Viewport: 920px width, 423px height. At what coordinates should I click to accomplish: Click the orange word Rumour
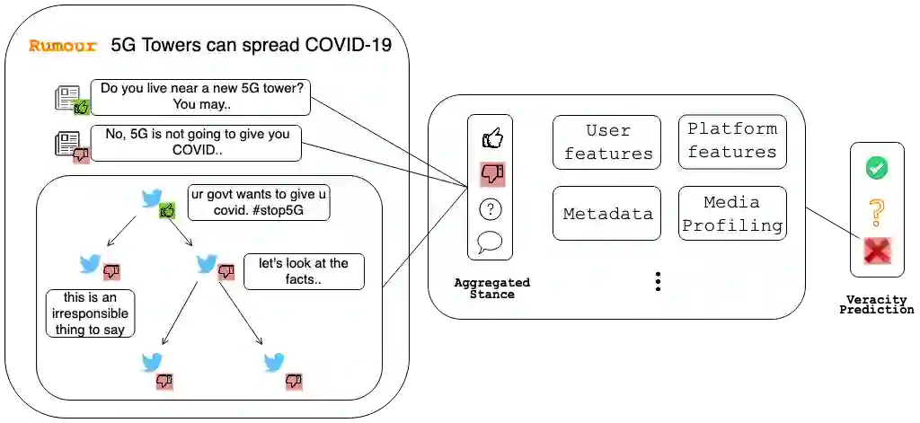[x=63, y=46]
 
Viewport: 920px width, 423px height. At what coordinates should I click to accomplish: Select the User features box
[x=606, y=142]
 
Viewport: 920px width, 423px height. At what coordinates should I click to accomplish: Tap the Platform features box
[x=732, y=141]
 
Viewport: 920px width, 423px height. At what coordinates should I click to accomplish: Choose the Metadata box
[x=606, y=214]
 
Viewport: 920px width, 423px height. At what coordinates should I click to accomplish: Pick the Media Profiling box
[x=732, y=214]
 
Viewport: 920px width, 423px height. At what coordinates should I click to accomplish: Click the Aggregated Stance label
[x=491, y=288]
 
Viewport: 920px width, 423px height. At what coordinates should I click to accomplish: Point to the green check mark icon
[x=876, y=168]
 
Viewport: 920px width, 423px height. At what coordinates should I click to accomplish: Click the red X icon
[x=876, y=251]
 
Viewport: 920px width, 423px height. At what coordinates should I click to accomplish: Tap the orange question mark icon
[x=876, y=212]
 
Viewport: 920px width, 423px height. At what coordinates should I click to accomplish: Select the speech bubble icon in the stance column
[x=491, y=242]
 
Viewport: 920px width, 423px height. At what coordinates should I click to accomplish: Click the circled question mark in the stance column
[x=491, y=209]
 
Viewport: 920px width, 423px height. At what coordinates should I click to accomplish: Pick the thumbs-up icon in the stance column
[x=491, y=138]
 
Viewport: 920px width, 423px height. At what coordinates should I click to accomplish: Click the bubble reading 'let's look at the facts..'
[x=304, y=271]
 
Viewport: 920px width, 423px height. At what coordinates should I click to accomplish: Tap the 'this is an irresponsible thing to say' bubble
[x=90, y=313]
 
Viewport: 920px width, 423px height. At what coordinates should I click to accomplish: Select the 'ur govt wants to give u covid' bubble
[x=259, y=203]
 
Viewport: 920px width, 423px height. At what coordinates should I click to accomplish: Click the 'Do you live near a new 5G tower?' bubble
[x=200, y=97]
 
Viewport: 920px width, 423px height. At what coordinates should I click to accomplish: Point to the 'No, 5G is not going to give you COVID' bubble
[x=196, y=143]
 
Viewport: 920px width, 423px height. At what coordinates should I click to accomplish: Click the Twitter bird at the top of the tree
[x=151, y=198]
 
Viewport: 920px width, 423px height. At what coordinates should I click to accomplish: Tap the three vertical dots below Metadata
[x=658, y=282]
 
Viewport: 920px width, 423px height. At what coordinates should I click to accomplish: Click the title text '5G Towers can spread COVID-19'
[x=252, y=45]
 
